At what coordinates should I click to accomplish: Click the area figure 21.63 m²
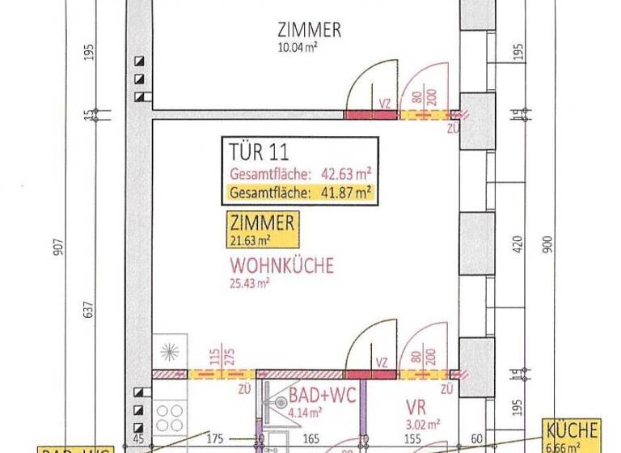(250, 240)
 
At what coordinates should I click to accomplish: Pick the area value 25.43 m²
(250, 283)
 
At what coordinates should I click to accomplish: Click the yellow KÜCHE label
(572, 430)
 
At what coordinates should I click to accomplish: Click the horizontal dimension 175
(214, 439)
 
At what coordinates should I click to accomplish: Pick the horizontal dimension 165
(311, 439)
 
